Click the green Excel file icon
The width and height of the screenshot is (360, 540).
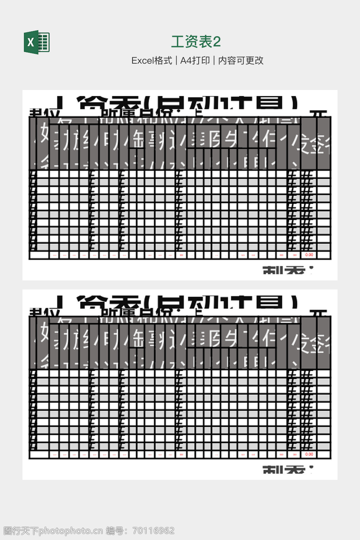click(x=37, y=42)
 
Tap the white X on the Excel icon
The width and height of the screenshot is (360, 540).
click(x=31, y=42)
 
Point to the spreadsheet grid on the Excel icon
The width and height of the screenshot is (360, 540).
click(x=44, y=42)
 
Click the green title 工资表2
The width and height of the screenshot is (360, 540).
click(x=196, y=41)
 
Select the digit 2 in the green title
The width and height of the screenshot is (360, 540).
click(x=217, y=42)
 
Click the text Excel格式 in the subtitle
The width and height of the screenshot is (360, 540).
click(x=152, y=60)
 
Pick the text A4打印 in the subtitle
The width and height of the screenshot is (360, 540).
click(x=195, y=60)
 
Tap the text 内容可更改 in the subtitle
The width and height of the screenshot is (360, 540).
click(x=241, y=60)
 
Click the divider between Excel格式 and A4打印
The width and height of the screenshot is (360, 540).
click(x=176, y=60)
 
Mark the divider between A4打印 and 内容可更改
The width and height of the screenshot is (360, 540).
click(x=214, y=60)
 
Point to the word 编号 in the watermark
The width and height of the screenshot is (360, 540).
click(x=115, y=531)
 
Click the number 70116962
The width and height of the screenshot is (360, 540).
click(x=153, y=531)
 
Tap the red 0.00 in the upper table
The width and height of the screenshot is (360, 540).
click(x=309, y=255)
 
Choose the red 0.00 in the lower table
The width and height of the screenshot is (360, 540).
click(x=309, y=454)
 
